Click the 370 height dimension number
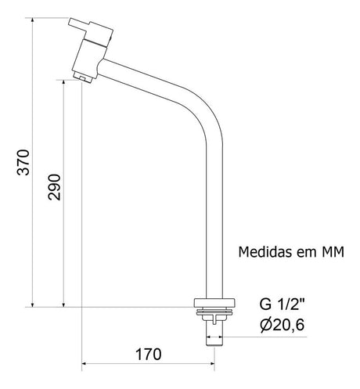tap(23, 161)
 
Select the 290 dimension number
tap(54, 187)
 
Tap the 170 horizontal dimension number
tap(147, 353)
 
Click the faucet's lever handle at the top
tap(93, 28)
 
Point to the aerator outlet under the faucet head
tap(82, 77)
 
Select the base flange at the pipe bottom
tap(214, 305)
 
